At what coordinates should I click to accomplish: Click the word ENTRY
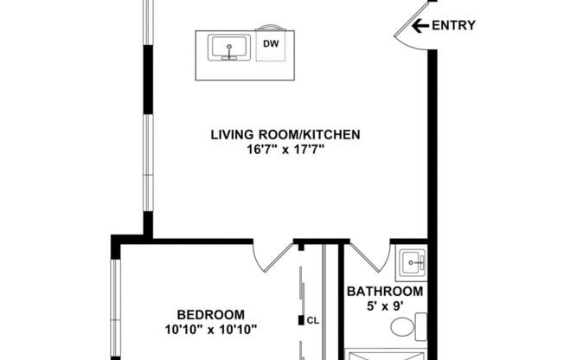[x=453, y=25]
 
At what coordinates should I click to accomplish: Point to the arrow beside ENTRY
[x=420, y=25]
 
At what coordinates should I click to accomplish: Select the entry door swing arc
[x=404, y=34]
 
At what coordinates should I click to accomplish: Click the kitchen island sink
[x=228, y=48]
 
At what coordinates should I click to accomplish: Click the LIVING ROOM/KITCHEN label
[x=285, y=134]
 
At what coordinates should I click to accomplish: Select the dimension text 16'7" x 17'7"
[x=285, y=149]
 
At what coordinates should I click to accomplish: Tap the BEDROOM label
[x=210, y=314]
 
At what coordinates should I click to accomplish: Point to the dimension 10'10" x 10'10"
[x=210, y=329]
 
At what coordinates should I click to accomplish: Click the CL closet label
[x=313, y=320]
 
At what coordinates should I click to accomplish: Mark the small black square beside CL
[x=301, y=320]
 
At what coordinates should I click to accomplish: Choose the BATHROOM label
[x=385, y=292]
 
